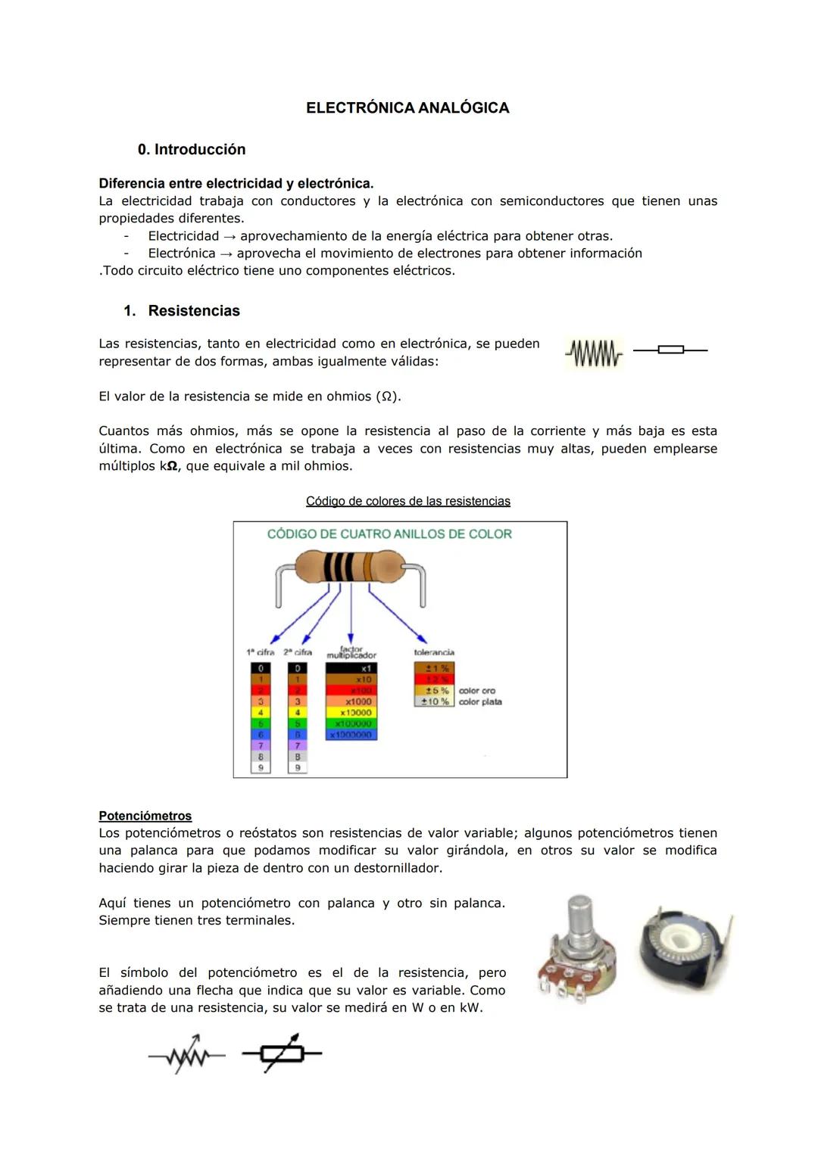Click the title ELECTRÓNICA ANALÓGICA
coord(407,108)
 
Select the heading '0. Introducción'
coord(192,150)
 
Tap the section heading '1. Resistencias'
coord(182,311)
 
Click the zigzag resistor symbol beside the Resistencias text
coord(594,353)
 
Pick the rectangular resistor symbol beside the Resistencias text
coord(670,350)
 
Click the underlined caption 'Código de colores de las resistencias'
coord(407,502)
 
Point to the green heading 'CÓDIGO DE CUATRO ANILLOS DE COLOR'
coord(389,534)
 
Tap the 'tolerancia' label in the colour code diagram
coord(434,652)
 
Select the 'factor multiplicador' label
coord(351,652)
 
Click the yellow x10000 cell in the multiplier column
coord(351,713)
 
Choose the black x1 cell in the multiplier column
coord(351,669)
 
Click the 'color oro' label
coord(477,691)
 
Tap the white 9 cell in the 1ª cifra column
coord(261,767)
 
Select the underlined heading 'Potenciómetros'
coord(145,817)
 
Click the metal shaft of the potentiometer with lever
coord(579,917)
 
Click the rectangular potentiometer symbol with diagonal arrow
coord(282,1053)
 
